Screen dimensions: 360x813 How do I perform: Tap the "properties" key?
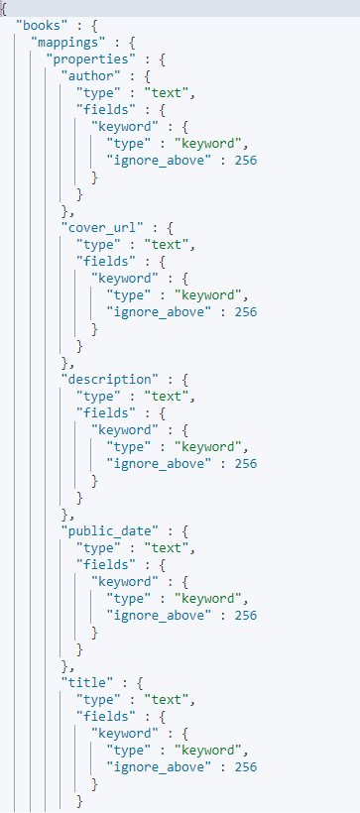pyautogui.click(x=92, y=58)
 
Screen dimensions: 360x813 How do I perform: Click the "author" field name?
pyautogui.click(x=92, y=76)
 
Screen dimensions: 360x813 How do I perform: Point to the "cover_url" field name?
pyautogui.click(x=103, y=227)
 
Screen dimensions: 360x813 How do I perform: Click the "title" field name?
pyautogui.click(x=88, y=682)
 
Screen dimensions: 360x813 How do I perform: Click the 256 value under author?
pyautogui.click(x=246, y=161)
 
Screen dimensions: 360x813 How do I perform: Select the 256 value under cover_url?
pyautogui.click(x=246, y=311)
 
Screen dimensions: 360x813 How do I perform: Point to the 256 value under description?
pyautogui.click(x=246, y=463)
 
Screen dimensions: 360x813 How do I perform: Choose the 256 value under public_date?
pyautogui.click(x=246, y=615)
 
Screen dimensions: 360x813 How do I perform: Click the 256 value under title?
pyautogui.click(x=246, y=766)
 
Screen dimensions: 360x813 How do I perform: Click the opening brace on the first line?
pyautogui.click(x=4, y=8)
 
